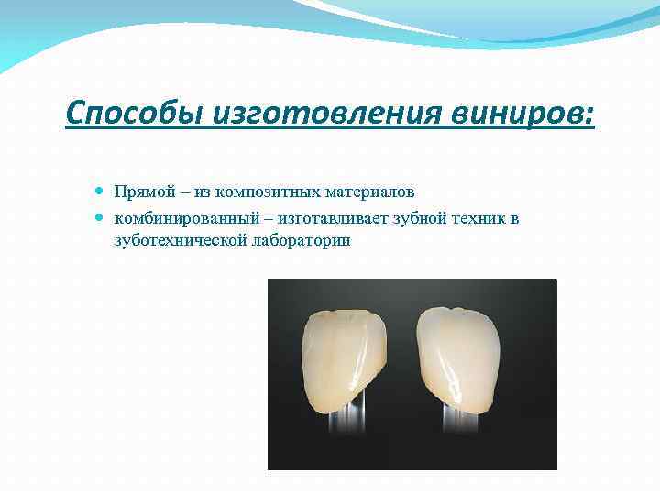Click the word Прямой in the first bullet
tap(138, 192)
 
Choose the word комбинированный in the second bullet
tap(173, 218)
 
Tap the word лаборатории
tap(297, 240)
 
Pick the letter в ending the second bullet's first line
tap(515, 218)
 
